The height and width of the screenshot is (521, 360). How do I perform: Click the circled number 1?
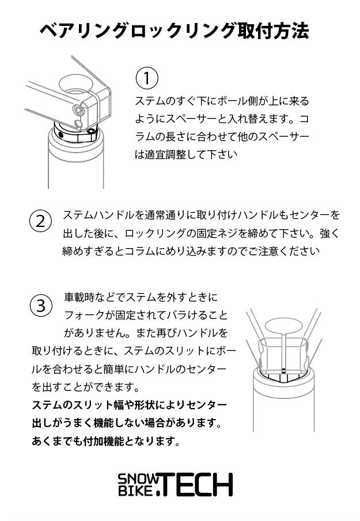[147, 78]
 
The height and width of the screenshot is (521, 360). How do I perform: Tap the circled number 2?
[40, 221]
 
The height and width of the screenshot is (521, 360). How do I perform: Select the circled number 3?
[40, 306]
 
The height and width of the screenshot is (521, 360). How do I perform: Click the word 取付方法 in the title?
[274, 31]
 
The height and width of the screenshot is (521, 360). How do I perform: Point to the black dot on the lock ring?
[61, 135]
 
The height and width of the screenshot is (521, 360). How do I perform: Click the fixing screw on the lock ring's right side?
[92, 132]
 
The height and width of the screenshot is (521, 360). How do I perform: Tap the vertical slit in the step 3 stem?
[283, 352]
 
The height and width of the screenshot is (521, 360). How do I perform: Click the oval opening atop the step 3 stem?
[283, 326]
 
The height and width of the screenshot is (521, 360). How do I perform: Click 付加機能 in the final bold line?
[103, 441]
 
